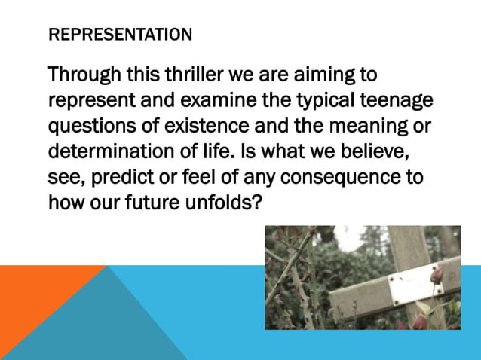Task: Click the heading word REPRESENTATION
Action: (119, 35)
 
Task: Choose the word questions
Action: (88, 126)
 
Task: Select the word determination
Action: (110, 151)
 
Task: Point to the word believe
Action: (372, 151)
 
